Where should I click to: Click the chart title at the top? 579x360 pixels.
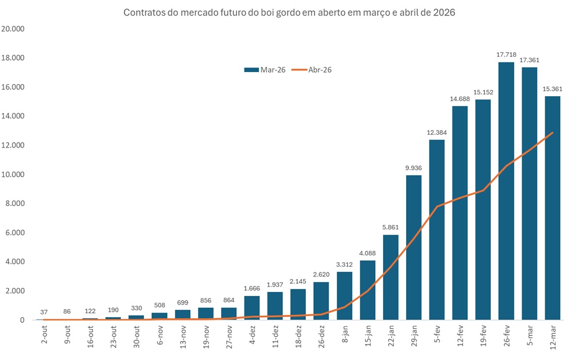(289, 13)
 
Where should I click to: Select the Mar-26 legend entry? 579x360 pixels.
(265, 70)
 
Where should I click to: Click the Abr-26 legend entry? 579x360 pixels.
(312, 70)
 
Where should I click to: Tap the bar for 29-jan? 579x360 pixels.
(413, 247)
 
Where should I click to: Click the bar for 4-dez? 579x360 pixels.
(251, 308)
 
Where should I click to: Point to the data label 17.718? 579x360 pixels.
(506, 54)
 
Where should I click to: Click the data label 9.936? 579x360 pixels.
(413, 168)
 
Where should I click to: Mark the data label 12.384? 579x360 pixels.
(436, 132)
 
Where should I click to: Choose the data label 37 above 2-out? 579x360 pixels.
(44, 312)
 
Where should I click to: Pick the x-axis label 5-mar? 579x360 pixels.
(529, 335)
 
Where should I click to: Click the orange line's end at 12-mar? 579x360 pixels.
(552, 133)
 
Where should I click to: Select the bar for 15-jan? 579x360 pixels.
(367, 290)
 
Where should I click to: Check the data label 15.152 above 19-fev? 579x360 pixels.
(483, 92)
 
